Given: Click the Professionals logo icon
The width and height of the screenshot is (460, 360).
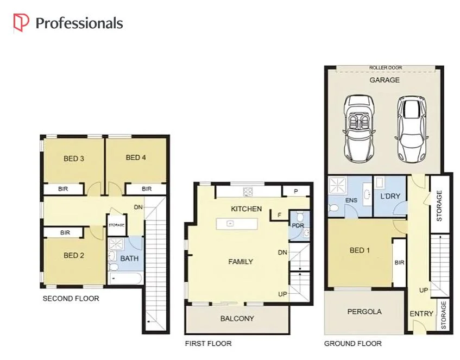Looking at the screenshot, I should coord(21,23).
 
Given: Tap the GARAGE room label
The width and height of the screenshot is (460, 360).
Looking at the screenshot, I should coord(385,80).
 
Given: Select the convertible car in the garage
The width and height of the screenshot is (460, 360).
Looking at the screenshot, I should coord(358,126).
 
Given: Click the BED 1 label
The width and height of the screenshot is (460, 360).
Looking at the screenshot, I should coord(360,250).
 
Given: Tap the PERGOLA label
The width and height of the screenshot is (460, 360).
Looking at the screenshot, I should coord(364,312).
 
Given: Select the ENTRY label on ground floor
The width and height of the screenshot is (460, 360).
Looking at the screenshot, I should coord(421,313).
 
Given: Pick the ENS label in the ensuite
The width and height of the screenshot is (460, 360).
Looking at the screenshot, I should coord(351,200).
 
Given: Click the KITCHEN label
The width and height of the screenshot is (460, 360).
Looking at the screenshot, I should coord(247,209).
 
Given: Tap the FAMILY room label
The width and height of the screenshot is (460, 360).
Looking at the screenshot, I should coord(240,262).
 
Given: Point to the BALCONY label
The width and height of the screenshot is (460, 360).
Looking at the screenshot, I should coord(237,319).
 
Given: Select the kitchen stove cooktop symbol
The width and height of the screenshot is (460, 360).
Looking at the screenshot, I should coord(248,191).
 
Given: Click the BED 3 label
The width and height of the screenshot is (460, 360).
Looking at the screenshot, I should coord(74,159).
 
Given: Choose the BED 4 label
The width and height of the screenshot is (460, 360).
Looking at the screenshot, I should coord(136,158).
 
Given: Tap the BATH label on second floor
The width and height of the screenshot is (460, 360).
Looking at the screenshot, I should coord(129,258).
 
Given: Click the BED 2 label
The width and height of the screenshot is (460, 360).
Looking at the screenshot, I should coord(73,256).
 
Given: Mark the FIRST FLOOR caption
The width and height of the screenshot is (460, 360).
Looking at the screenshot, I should coord(208,344).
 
